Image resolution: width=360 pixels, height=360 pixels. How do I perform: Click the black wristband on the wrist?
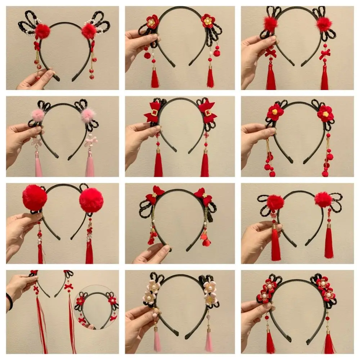(x=9, y=302)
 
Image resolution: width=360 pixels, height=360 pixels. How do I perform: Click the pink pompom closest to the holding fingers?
(x=37, y=115)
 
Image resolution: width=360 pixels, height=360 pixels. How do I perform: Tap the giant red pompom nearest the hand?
(x=35, y=198)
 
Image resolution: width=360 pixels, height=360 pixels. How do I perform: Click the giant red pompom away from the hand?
(x=91, y=200)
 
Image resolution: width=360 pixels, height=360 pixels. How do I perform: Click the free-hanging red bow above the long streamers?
(x=68, y=287)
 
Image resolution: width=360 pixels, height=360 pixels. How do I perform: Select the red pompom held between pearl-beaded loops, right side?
(x=89, y=31)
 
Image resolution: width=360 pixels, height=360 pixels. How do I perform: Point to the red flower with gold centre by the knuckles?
(x=152, y=22)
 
